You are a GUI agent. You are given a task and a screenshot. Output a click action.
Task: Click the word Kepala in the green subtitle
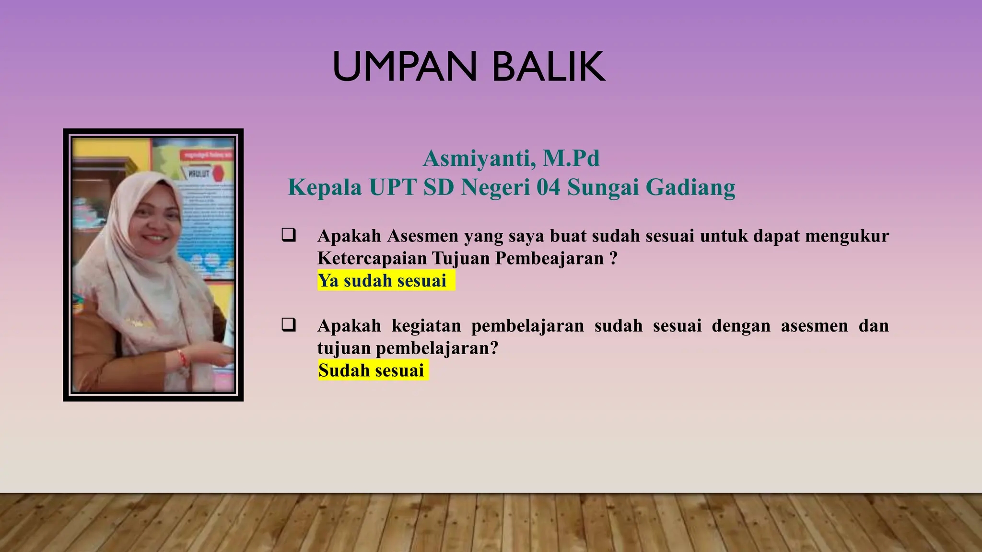[x=325, y=187]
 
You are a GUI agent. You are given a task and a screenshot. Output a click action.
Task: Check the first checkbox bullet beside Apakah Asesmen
[x=289, y=235]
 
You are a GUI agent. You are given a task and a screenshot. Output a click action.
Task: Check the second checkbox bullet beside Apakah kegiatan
[x=289, y=325]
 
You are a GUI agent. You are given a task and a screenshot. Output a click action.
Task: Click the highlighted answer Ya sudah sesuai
[x=383, y=281]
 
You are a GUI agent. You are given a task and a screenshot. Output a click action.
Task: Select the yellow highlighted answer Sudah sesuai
[x=372, y=370]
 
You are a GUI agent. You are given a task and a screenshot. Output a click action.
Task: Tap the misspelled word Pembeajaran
[x=549, y=259]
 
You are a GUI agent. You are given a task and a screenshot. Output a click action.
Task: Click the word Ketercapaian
[x=372, y=259]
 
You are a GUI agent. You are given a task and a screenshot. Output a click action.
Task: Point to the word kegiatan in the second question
[x=426, y=326]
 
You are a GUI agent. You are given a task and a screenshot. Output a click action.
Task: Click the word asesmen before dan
[x=814, y=326]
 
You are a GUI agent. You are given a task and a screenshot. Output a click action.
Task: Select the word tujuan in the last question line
[x=344, y=348]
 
